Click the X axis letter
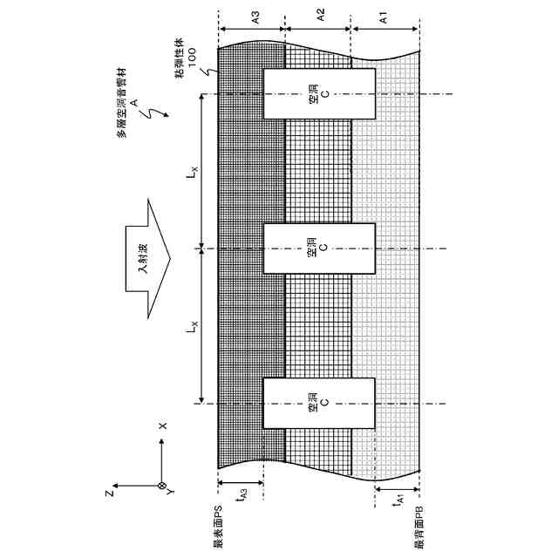coord(162,426)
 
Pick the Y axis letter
coord(171,493)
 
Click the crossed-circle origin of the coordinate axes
coord(161,486)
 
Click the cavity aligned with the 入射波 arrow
coord(319,248)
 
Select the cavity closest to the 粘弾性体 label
coord(319,95)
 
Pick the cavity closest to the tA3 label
coord(319,403)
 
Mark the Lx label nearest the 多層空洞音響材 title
coord(191,172)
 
